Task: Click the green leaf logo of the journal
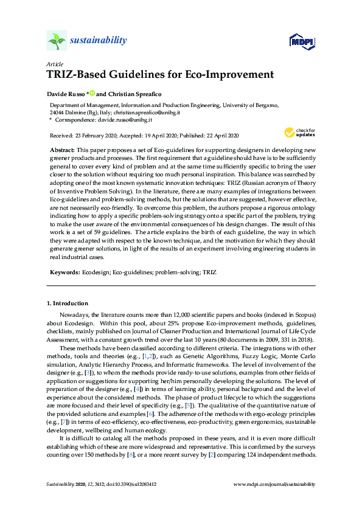(x=56, y=40)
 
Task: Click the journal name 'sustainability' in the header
(x=99, y=41)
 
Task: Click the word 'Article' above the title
(x=54, y=64)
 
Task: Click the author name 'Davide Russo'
(x=66, y=94)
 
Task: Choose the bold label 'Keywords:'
(x=64, y=272)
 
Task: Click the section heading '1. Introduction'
(x=68, y=303)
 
